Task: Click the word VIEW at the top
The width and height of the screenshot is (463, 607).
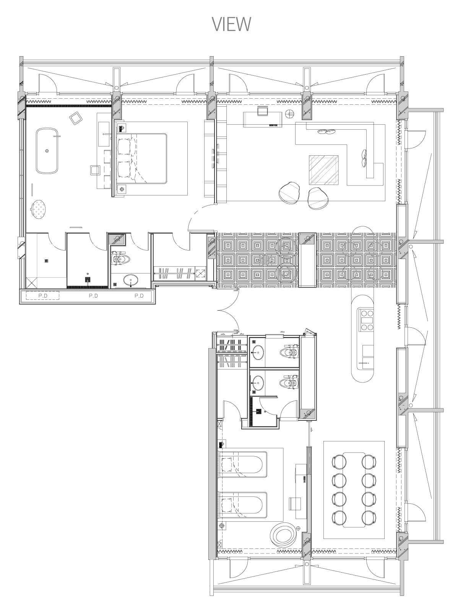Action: (x=231, y=24)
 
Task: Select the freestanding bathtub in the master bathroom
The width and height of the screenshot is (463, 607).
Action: (x=47, y=150)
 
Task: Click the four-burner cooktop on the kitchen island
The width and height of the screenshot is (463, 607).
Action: (x=366, y=320)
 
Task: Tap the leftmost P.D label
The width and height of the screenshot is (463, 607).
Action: (x=43, y=296)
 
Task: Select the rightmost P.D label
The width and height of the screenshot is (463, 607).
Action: (x=139, y=296)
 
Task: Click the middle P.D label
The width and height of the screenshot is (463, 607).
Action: (x=93, y=296)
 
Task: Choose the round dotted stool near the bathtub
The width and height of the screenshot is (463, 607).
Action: (x=39, y=210)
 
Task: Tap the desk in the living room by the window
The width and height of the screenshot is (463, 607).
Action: (x=263, y=119)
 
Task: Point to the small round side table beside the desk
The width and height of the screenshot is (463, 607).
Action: (x=290, y=113)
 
